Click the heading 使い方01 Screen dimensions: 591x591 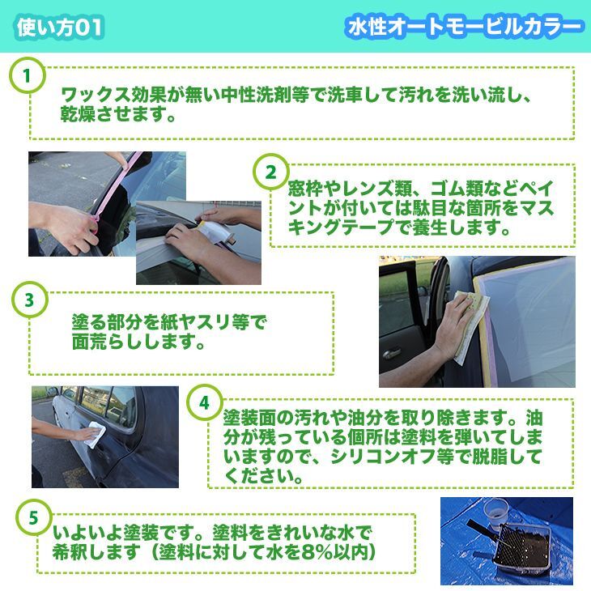(60, 28)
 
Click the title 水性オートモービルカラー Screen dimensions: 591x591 (465, 28)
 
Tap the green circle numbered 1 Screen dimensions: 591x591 (28, 75)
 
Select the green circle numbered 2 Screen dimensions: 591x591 (271, 172)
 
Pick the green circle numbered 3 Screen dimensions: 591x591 (30, 300)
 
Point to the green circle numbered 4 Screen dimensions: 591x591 (204, 402)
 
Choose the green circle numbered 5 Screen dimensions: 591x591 (33, 517)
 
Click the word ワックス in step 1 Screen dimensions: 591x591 (95, 95)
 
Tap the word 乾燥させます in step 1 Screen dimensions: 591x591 (113, 114)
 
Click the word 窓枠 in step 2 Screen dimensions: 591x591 (305, 189)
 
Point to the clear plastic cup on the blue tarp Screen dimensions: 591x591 (495, 511)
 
